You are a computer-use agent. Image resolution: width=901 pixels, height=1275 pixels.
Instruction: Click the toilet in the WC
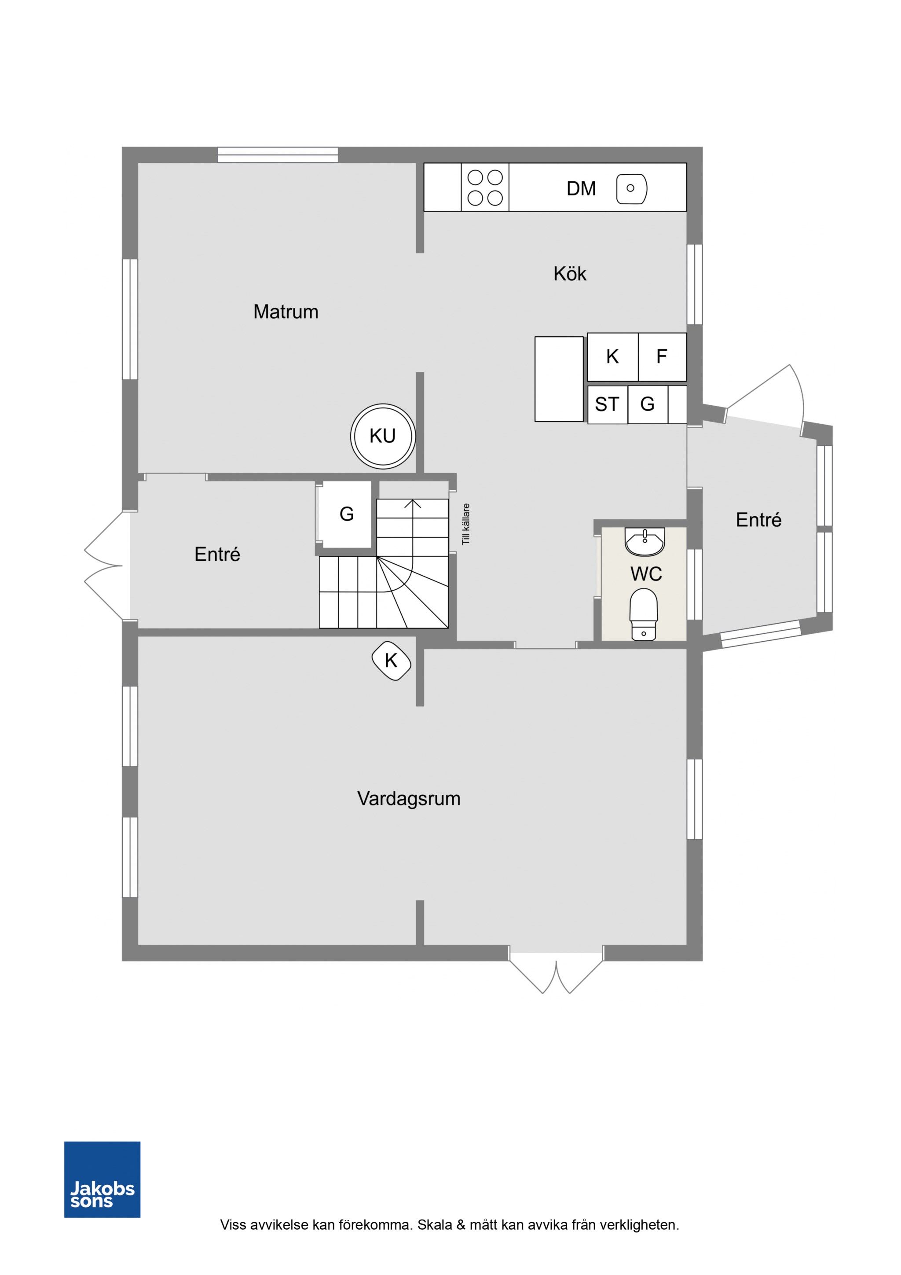643,614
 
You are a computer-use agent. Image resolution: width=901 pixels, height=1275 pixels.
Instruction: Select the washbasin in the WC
645,541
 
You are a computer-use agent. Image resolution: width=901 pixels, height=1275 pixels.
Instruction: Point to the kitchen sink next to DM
632,189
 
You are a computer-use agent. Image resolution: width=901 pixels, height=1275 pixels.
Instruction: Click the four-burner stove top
485,187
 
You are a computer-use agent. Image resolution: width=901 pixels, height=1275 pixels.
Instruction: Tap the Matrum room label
286,312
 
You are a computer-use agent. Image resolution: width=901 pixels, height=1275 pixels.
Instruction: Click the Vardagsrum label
409,798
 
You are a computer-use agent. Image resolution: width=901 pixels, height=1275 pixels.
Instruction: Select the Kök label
570,274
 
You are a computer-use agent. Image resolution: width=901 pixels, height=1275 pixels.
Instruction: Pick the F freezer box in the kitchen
662,356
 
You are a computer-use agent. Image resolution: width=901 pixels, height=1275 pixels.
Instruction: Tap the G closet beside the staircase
346,514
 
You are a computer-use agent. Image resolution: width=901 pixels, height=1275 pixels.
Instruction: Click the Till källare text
466,524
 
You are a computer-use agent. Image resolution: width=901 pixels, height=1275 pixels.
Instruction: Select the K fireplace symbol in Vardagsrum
392,661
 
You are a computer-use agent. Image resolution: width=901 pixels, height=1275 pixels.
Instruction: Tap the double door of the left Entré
103,566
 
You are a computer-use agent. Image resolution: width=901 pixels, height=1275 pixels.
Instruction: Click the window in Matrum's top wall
278,155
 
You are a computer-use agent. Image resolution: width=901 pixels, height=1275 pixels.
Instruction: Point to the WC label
646,573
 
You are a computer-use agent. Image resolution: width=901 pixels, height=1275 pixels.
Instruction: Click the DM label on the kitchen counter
581,189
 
